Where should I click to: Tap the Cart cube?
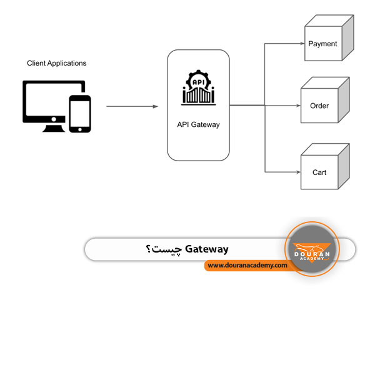click(324, 166)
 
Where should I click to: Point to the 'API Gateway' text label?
click(198, 124)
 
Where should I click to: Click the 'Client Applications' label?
click(57, 63)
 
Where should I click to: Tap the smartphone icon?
click(79, 114)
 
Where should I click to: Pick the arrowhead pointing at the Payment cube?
click(301, 44)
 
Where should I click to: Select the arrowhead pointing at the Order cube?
click(297, 106)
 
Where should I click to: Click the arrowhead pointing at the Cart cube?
click(297, 171)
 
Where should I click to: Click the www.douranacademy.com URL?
click(247, 265)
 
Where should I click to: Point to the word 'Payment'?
click(322, 44)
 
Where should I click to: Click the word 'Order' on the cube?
click(319, 106)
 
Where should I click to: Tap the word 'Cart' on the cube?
click(319, 172)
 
